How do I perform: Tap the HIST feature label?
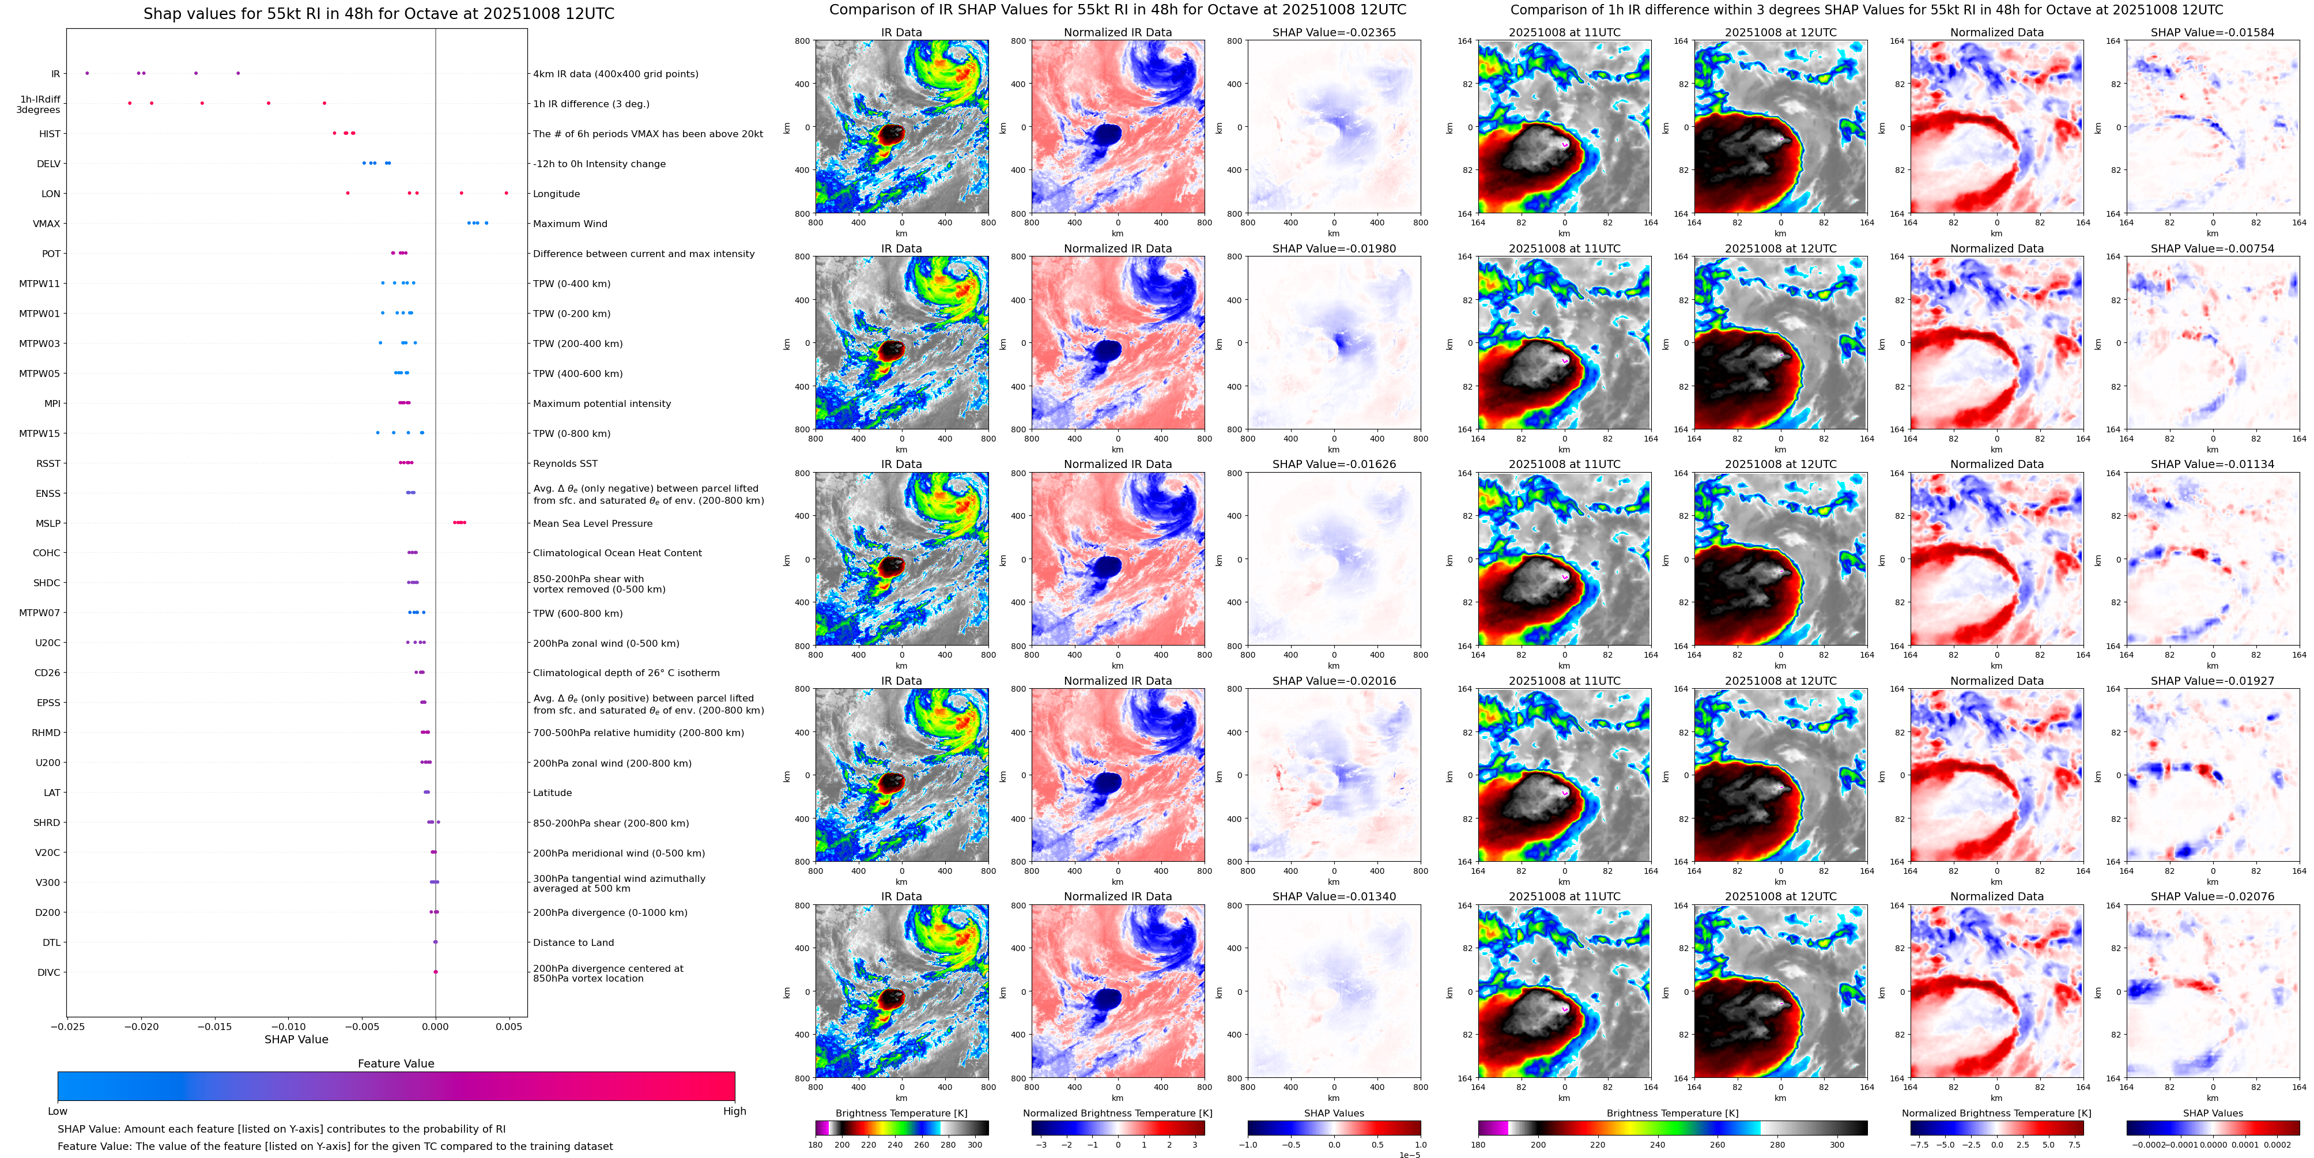pyautogui.click(x=50, y=134)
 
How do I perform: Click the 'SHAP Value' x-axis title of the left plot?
pyautogui.click(x=296, y=1039)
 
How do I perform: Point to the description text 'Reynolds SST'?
pyautogui.click(x=565, y=463)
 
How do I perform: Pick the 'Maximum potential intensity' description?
pyautogui.click(x=602, y=403)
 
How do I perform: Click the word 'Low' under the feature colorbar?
pyautogui.click(x=58, y=1111)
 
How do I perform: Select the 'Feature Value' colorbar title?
pyautogui.click(x=395, y=1063)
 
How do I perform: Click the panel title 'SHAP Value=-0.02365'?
pyautogui.click(x=1334, y=32)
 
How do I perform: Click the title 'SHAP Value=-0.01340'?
pyautogui.click(x=1334, y=896)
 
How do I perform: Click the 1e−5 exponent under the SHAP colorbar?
pyautogui.click(x=1409, y=1155)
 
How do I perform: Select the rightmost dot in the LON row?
pyautogui.click(x=506, y=193)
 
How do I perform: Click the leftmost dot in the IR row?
pyautogui.click(x=86, y=73)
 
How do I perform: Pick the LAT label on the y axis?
pyautogui.click(x=52, y=793)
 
